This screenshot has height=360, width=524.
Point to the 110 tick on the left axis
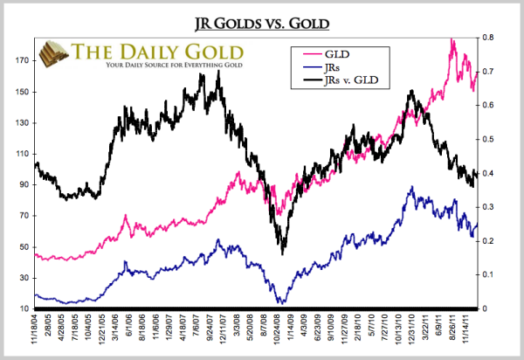click(20, 154)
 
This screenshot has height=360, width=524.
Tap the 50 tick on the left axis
click(22, 246)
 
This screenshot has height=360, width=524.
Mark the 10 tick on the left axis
click(22, 308)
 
